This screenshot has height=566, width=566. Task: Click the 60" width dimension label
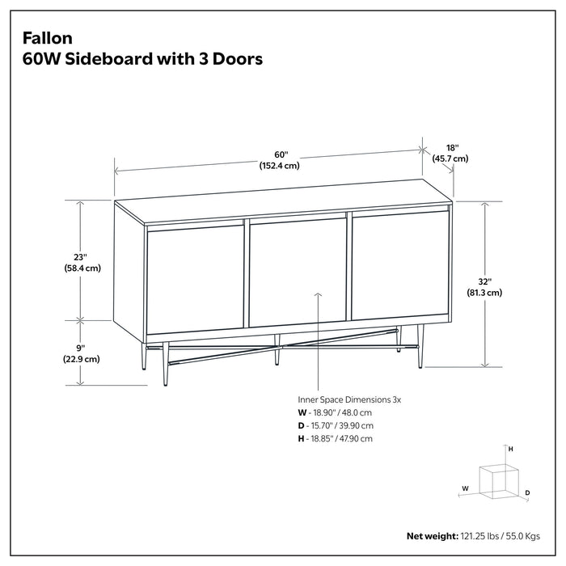tap(280, 154)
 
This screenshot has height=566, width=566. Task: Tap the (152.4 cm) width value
tap(280, 166)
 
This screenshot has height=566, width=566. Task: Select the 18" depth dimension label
tap(452, 148)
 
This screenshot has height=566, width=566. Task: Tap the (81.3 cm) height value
tap(484, 293)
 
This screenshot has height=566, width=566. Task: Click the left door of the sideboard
tap(195, 279)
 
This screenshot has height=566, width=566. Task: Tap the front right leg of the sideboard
tap(420, 346)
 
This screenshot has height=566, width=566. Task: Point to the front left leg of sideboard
tap(165, 362)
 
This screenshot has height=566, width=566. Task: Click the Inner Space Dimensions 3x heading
tap(350, 399)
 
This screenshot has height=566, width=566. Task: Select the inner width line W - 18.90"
tap(335, 412)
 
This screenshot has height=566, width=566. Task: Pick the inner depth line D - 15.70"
tap(336, 425)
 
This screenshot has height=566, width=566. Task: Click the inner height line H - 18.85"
tap(336, 438)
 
